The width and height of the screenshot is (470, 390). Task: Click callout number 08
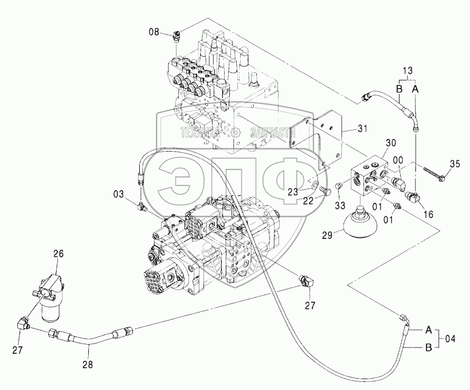pos(154,32)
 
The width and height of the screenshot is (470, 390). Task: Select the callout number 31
pos(362,129)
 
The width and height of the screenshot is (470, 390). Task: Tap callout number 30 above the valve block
pos(390,142)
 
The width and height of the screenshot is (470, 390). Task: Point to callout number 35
pos(455,164)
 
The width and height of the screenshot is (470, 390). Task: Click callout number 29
pos(328,235)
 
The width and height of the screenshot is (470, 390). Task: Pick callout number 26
pos(58,254)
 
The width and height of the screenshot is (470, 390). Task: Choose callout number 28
pos(88,365)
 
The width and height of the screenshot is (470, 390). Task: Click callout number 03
pos(119,194)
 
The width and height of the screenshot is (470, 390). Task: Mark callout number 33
pos(340,206)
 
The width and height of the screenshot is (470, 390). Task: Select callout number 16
pos(428,214)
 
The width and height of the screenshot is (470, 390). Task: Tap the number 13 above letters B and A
pos(408,71)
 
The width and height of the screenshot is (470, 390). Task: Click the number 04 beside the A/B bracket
pos(449,339)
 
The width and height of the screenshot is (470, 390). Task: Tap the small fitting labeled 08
pos(176,38)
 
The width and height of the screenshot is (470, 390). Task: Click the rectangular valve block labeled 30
pos(370,176)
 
